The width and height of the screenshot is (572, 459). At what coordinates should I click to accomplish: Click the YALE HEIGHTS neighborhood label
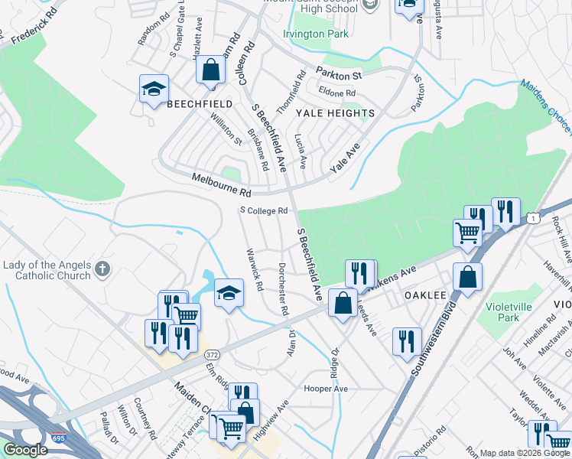(336, 113)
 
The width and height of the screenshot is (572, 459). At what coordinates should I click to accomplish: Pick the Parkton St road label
(340, 76)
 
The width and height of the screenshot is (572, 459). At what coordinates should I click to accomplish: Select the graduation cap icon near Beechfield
(154, 89)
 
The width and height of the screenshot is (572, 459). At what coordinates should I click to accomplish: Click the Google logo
(25, 451)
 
